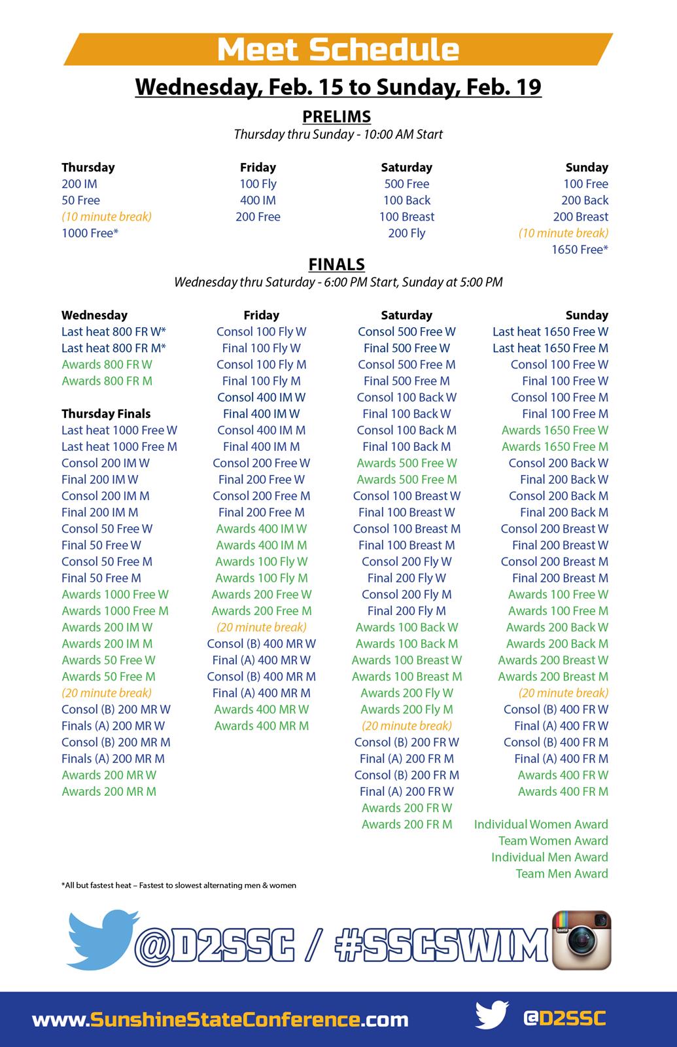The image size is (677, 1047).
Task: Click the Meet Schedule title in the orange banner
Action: point(338,50)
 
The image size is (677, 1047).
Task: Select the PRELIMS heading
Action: point(337,116)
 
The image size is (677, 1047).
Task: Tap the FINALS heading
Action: point(337,264)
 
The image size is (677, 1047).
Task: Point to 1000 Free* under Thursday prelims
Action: point(90,233)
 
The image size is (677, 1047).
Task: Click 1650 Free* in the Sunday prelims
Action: point(580,249)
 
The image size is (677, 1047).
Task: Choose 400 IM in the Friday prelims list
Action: point(258,200)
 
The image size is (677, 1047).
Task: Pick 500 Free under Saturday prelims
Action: point(406,184)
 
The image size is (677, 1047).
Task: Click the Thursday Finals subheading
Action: point(106,414)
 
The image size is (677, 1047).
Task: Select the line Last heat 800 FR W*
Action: point(114,332)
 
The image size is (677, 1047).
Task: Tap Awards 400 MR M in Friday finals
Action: point(262,726)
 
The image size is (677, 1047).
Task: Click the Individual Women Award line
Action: point(541,825)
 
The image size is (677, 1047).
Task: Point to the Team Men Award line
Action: point(561,874)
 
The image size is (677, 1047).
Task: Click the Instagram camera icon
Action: point(582,940)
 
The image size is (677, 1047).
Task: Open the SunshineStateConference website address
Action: point(220,1020)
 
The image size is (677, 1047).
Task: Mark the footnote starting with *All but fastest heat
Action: point(179,885)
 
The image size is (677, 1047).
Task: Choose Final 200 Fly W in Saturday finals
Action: point(406,578)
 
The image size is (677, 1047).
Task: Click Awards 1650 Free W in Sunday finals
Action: point(555,430)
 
